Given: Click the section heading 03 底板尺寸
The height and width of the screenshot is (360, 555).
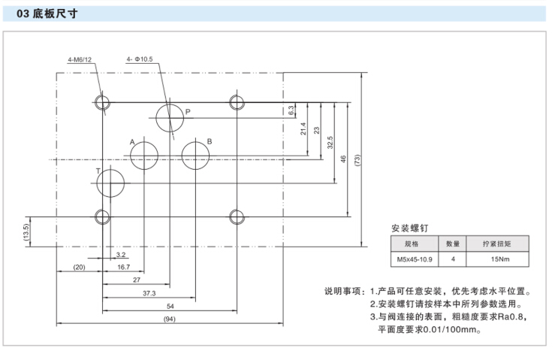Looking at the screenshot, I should tap(51, 14).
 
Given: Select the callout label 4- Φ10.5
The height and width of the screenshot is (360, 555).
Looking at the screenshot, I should tap(140, 59).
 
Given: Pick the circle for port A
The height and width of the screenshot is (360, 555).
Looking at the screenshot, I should tap(144, 156).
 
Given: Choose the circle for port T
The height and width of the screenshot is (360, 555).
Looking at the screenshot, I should tap(111, 183).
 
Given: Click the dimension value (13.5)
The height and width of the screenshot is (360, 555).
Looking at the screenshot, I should tap(27, 231).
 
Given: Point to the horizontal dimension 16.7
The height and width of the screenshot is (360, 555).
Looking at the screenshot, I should tap(124, 267).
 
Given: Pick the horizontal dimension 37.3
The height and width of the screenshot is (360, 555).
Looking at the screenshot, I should tap(149, 293).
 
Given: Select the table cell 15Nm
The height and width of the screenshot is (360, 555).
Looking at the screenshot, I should tap(497, 259).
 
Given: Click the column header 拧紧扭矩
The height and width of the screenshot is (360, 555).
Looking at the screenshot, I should tap(497, 244).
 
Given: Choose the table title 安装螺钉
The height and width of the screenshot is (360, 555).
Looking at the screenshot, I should tap(410, 227).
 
